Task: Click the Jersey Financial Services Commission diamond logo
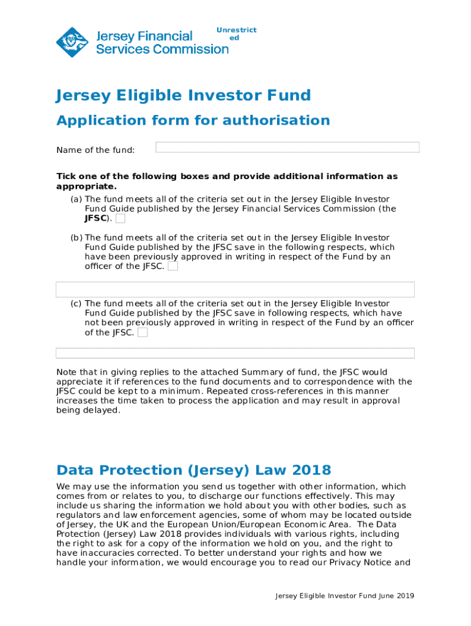tap(72, 42)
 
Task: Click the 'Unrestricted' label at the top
tap(236, 34)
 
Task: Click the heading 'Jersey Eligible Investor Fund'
tap(184, 95)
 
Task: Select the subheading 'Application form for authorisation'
tap(193, 120)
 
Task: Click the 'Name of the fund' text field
tap(287, 147)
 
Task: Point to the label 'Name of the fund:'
tap(95, 150)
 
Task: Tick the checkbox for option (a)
tap(121, 219)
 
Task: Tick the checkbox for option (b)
tap(173, 267)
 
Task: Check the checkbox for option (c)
tap(143, 333)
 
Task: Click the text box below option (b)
tap(235, 289)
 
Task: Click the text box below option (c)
tap(235, 353)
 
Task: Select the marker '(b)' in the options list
tap(76, 238)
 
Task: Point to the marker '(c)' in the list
tap(76, 304)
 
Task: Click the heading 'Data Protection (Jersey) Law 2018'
tap(193, 470)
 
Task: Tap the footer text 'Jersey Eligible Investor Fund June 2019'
tap(344, 595)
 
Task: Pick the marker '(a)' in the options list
tap(76, 199)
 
